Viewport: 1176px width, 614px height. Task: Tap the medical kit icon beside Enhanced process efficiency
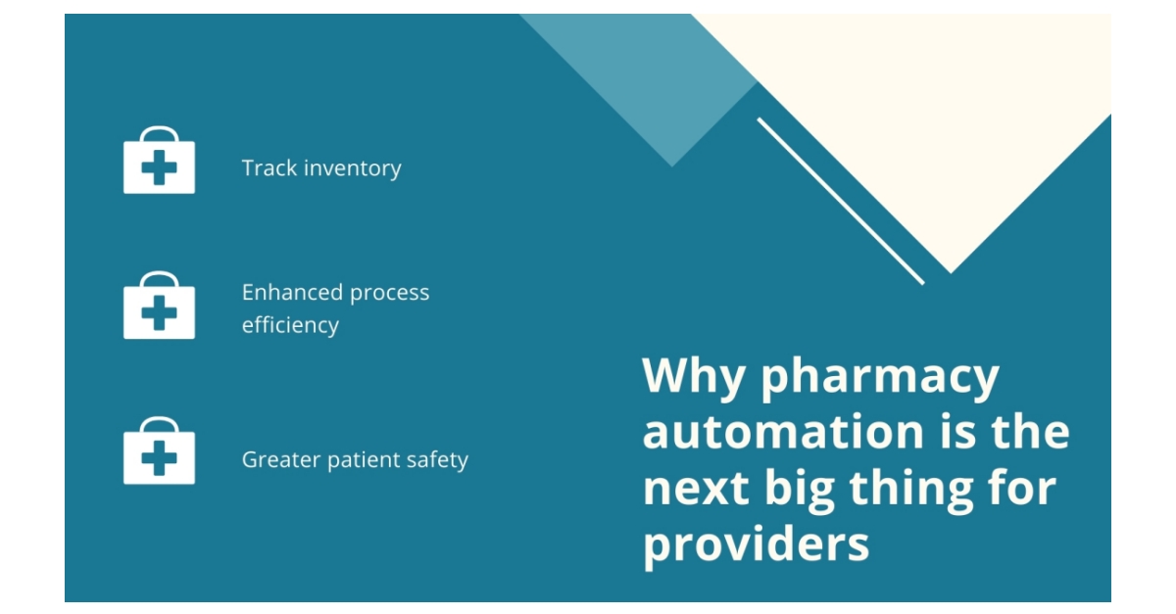coord(159,307)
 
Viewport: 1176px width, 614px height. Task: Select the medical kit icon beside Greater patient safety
coord(159,451)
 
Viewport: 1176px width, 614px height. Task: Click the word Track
coord(269,168)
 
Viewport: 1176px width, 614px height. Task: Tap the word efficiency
coord(290,325)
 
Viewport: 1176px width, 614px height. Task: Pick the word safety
coord(438,459)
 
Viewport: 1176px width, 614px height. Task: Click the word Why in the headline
coord(694,377)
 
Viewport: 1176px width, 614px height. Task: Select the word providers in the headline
coord(756,544)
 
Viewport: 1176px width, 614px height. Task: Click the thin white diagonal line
coord(840,201)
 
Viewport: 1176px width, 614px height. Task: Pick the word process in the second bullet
coord(390,293)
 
